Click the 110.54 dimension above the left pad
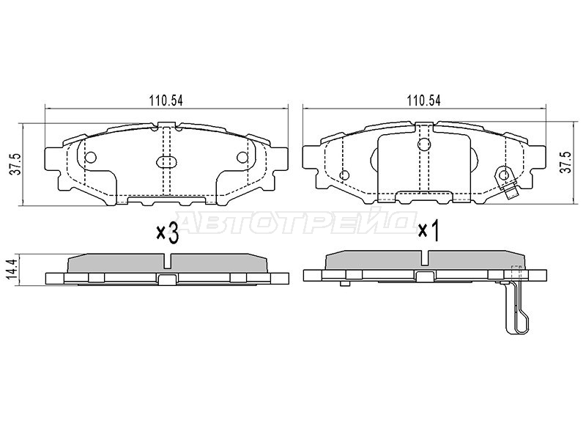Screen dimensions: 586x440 [x=166, y=100]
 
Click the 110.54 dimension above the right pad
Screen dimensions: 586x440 [x=424, y=100]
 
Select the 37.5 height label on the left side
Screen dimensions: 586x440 [x=15, y=165]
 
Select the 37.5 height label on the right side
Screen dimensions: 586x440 [x=567, y=162]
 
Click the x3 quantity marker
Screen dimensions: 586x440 [x=167, y=232]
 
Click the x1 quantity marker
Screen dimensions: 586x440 [x=428, y=230]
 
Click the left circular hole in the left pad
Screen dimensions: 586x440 [x=91, y=157]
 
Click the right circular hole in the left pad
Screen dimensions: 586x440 [x=242, y=157]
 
